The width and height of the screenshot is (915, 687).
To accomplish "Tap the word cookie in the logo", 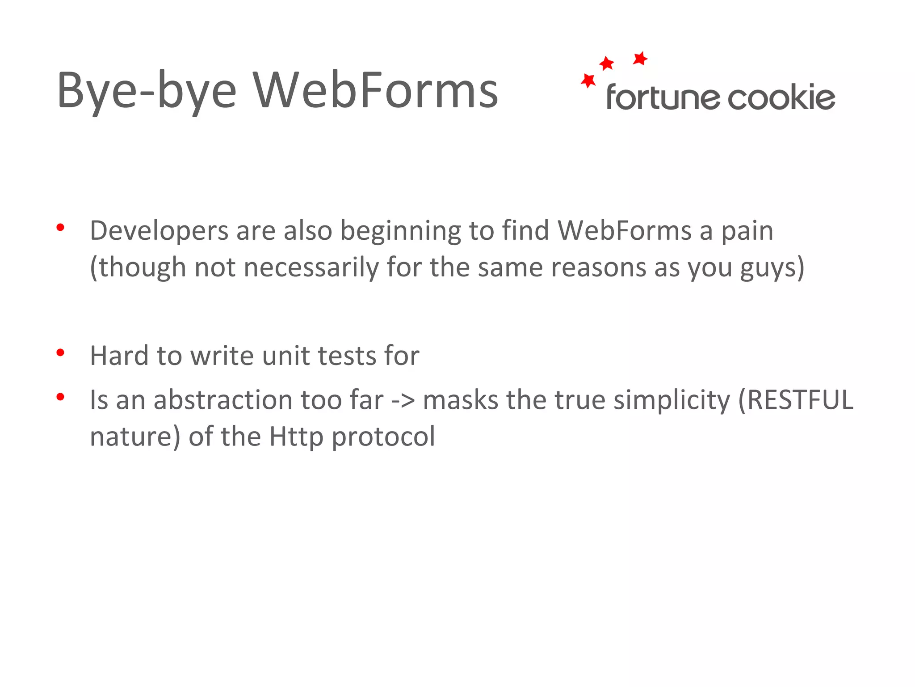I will tap(781, 97).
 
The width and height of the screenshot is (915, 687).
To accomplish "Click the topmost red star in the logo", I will tap(640, 58).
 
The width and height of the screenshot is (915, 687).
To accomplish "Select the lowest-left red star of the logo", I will tap(588, 81).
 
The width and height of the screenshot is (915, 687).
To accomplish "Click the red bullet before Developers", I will tap(60, 228).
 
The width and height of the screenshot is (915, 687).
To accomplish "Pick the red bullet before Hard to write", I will tap(60, 353).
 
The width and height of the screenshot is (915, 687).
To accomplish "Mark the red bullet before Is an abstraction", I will tap(60, 397).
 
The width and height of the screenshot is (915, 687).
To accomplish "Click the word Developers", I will tap(159, 231).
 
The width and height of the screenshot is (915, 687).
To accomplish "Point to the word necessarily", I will tap(311, 267).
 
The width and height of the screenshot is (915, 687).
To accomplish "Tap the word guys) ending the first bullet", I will tap(772, 267).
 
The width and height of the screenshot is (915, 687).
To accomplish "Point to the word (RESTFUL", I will tap(795, 400).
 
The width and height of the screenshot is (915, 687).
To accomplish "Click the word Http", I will tap(296, 437).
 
